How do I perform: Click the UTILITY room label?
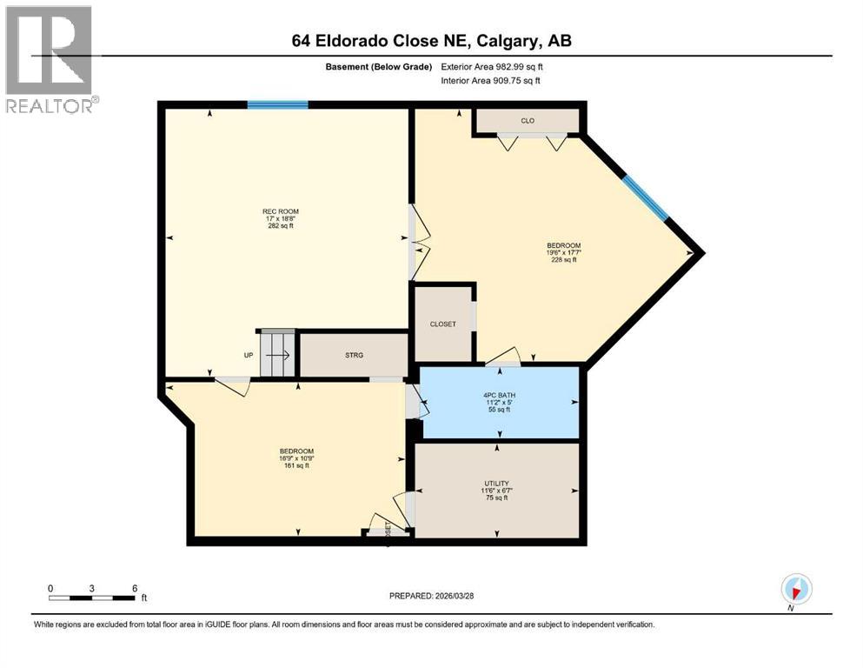(x=496, y=483)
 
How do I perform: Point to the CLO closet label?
(x=528, y=121)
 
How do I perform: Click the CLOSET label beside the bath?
(x=442, y=324)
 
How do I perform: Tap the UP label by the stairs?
(x=249, y=355)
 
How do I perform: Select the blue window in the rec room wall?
(x=277, y=105)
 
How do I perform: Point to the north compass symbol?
(x=795, y=589)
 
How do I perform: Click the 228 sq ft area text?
(x=563, y=259)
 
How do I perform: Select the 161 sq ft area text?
(x=295, y=465)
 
